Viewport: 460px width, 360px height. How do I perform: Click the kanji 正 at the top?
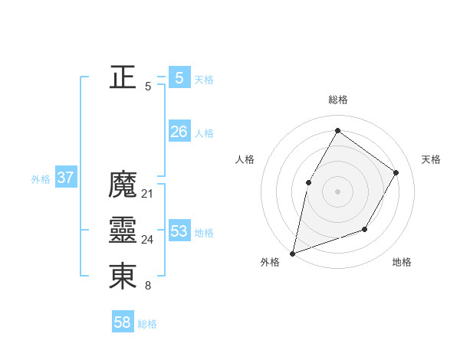(x=123, y=77)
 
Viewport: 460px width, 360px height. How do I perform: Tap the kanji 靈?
(x=123, y=230)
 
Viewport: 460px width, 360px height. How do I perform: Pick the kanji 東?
(x=123, y=276)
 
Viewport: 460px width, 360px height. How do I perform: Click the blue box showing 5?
(x=179, y=77)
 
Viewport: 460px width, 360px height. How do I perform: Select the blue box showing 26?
(x=179, y=132)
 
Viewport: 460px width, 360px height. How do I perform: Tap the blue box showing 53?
(x=179, y=231)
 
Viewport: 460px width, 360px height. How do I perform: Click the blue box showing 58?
(x=122, y=322)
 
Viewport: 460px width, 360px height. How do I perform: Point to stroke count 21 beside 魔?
(x=147, y=194)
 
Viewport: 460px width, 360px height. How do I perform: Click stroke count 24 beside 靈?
(x=147, y=240)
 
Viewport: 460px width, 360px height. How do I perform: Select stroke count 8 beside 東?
(x=147, y=286)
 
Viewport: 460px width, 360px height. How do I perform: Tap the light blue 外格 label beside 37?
(x=41, y=179)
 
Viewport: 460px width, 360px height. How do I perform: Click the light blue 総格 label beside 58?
(x=147, y=324)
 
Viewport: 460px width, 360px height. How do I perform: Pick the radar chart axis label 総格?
(x=337, y=100)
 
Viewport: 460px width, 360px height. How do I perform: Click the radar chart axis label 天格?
(x=431, y=159)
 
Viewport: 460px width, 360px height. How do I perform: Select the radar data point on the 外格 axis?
(x=293, y=253)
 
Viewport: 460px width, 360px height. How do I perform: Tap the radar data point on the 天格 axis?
(x=396, y=172)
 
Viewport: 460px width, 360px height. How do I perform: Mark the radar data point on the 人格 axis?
(x=309, y=182)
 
